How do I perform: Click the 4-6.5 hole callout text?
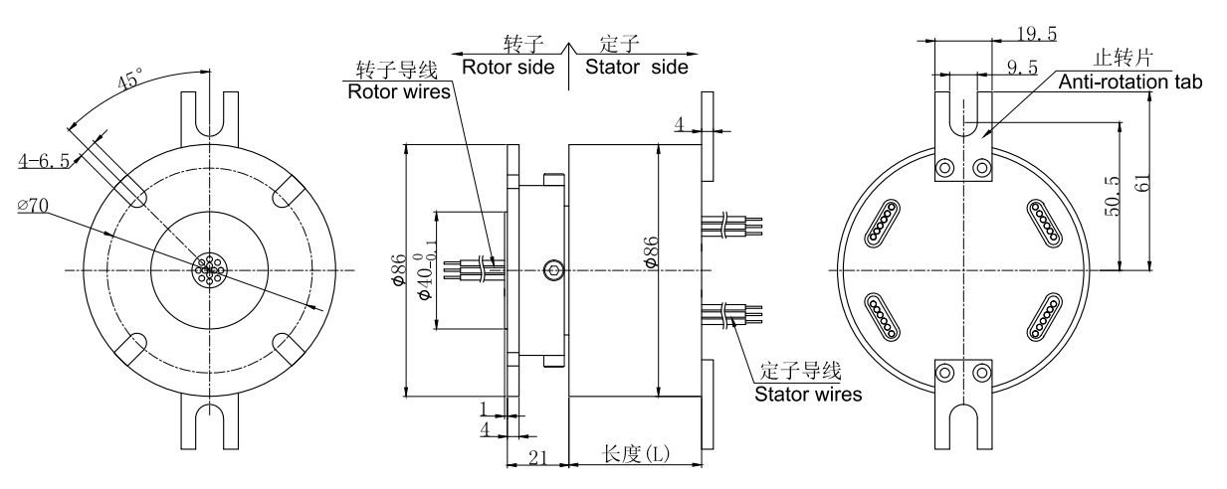(43, 159)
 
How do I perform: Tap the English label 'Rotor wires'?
(398, 91)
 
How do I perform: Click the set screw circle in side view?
(554, 269)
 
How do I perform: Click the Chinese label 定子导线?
(800, 372)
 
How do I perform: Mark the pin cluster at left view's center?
(209, 269)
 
